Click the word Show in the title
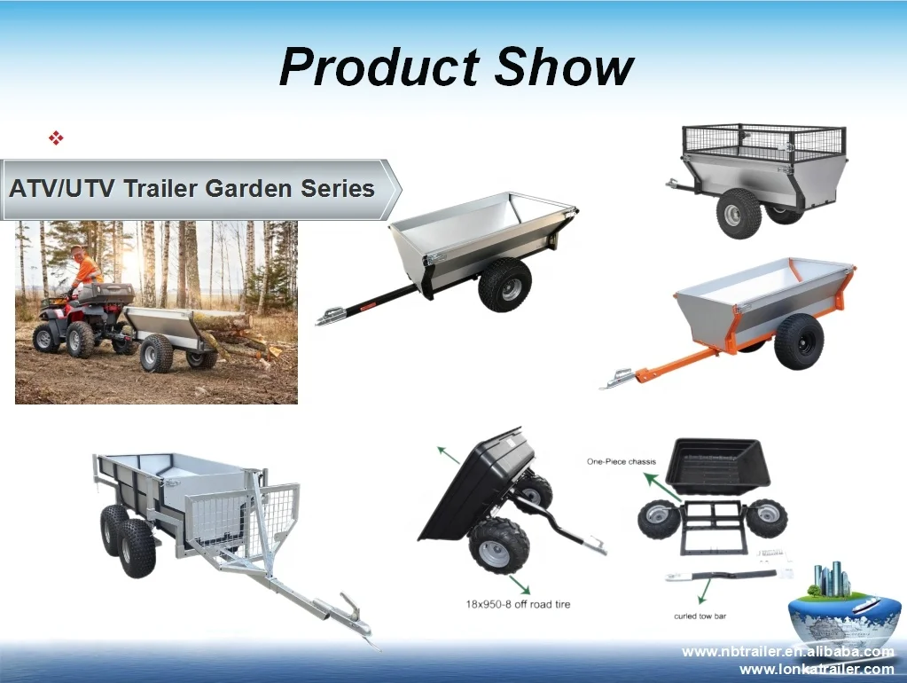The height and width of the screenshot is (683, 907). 564,67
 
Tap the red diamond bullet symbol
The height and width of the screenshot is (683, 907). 56,137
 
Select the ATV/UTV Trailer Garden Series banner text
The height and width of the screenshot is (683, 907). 192,188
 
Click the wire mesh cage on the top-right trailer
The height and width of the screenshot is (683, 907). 763,141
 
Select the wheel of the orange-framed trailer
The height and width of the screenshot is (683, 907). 798,341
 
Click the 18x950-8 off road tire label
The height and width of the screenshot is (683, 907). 518,604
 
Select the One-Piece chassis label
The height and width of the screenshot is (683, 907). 622,461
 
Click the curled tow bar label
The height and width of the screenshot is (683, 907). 700,616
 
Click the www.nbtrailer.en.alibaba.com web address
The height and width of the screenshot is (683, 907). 787,652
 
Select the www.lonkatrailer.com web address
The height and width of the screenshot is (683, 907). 816,669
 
